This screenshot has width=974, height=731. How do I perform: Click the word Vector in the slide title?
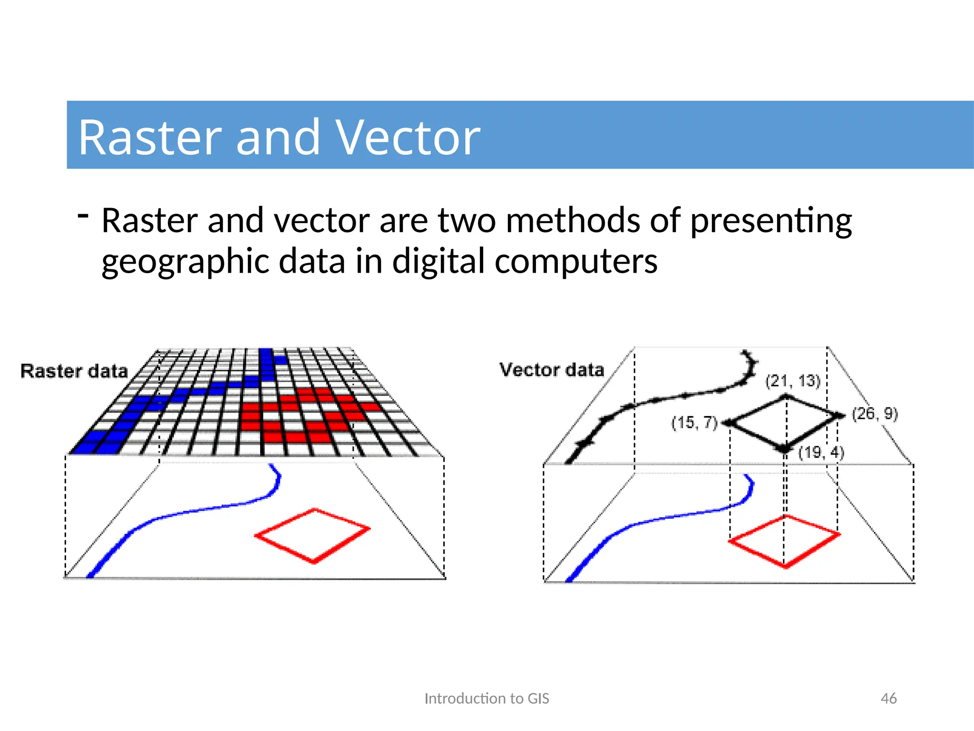tap(408, 138)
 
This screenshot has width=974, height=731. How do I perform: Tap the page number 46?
tap(888, 698)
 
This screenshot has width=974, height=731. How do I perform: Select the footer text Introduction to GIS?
tap(487, 698)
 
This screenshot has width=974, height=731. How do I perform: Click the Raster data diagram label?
tap(74, 371)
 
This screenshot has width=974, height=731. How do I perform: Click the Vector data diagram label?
tap(552, 370)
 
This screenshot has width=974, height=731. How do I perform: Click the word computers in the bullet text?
tap(576, 262)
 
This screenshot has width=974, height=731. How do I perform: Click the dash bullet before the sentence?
tap(83, 216)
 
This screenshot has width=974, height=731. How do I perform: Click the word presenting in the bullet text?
tap(771, 222)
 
